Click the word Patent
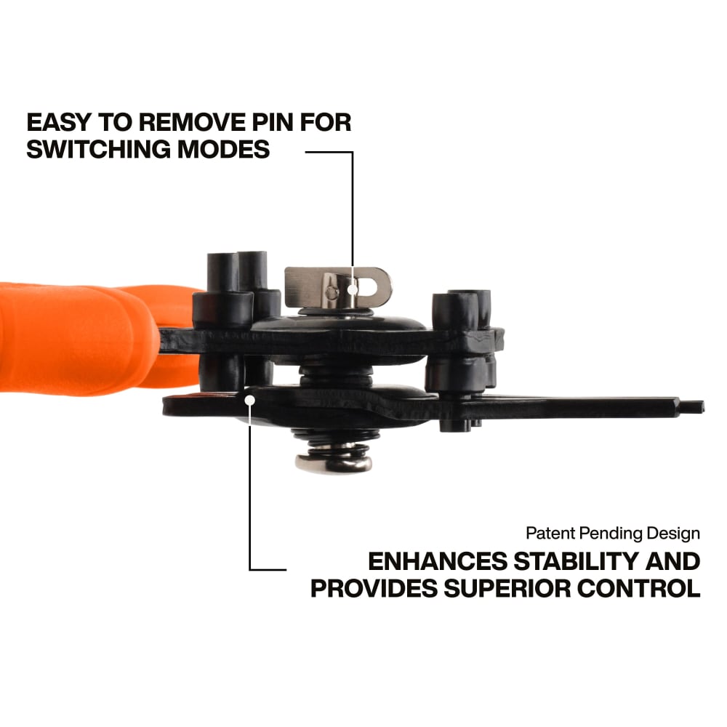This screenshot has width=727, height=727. coord(549,534)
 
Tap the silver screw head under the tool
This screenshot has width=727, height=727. coord(334,462)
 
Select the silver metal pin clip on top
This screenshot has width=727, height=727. coord(337,286)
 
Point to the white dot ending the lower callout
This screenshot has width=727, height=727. coord(249,398)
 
